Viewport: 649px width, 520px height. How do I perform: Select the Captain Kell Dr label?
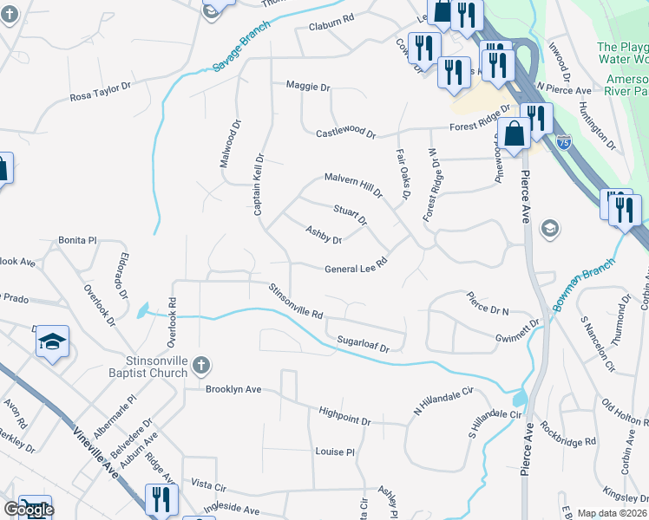click(x=258, y=186)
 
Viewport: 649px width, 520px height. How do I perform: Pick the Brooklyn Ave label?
click(x=233, y=389)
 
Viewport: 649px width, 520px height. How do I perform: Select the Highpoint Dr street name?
click(x=344, y=414)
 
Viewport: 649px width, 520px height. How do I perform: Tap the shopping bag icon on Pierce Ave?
click(x=515, y=135)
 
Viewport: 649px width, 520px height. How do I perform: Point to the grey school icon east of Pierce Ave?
click(x=549, y=229)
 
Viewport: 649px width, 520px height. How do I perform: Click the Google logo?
click(x=29, y=510)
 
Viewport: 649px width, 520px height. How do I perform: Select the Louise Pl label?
click(x=336, y=452)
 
